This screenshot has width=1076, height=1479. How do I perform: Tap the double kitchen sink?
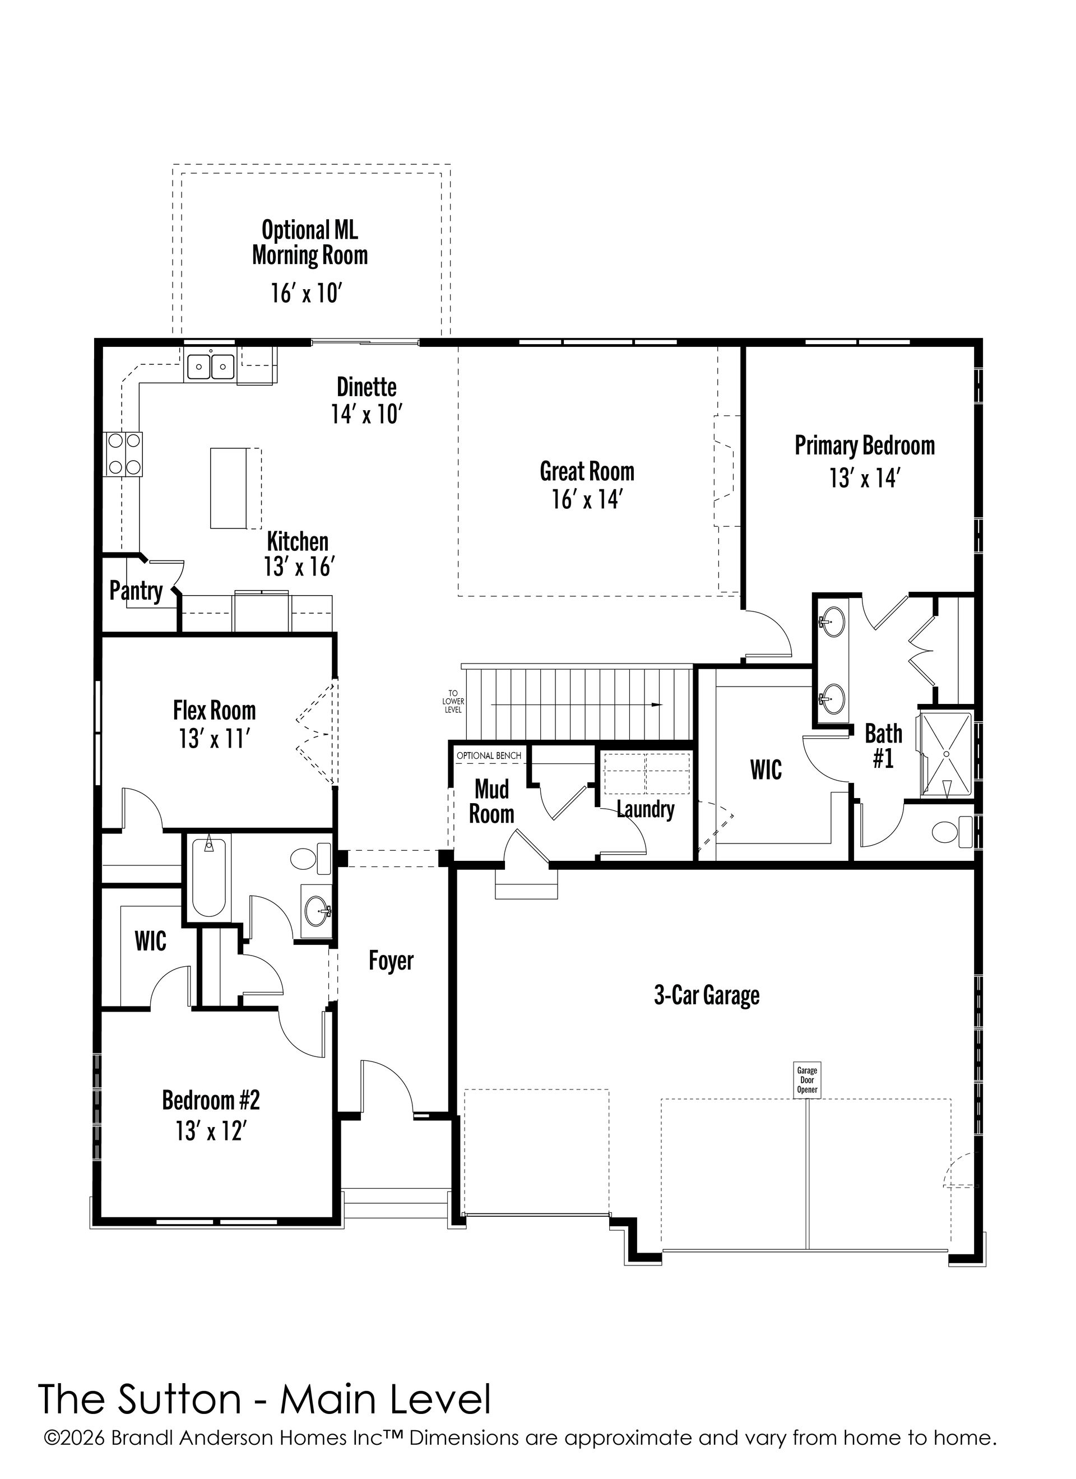(x=211, y=365)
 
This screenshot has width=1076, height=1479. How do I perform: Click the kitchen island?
(x=230, y=488)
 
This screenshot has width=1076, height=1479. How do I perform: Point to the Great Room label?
(x=587, y=471)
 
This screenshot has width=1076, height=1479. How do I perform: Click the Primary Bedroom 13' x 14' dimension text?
(x=865, y=479)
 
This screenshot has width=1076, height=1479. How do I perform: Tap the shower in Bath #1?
(x=945, y=754)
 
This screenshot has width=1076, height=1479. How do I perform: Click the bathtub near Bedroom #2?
(x=208, y=878)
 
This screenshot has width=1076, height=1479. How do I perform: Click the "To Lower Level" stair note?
(x=454, y=701)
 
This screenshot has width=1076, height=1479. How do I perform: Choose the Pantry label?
(x=136, y=591)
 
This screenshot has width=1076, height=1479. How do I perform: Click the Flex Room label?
(x=214, y=710)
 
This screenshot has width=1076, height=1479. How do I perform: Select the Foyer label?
(x=391, y=961)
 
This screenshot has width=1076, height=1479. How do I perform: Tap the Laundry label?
(x=646, y=809)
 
